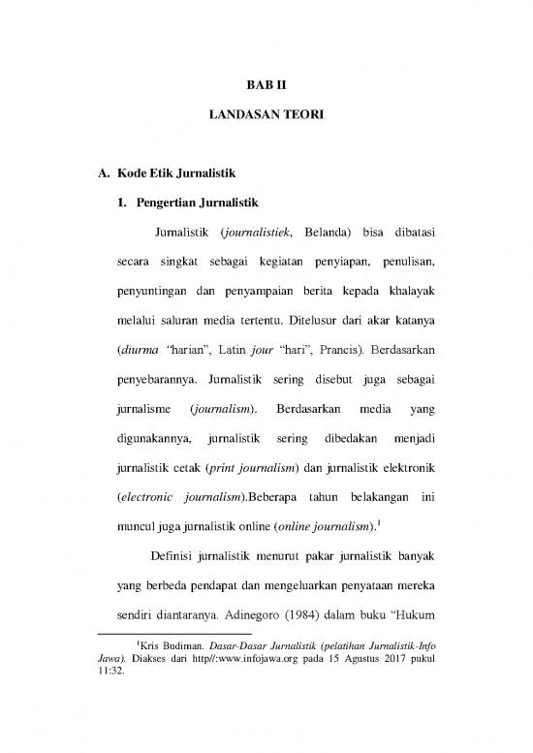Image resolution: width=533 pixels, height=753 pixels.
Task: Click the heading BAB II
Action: [x=266, y=83]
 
